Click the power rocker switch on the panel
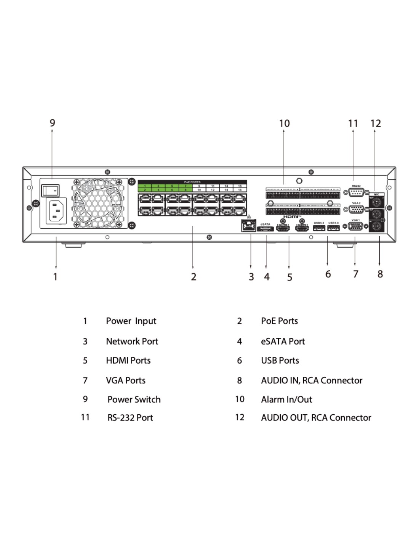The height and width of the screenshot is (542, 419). tap(51, 189)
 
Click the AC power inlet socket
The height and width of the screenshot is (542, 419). tap(56, 211)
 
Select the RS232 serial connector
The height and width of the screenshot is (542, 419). tap(356, 193)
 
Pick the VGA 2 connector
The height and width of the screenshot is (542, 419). tap(356, 209)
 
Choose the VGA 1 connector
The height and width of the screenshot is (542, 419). tap(355, 226)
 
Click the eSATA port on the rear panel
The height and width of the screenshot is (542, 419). tap(265, 229)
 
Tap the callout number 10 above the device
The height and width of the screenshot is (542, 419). tap(284, 123)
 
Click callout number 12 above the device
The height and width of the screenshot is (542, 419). tap(375, 123)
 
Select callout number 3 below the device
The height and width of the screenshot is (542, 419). tap(251, 277)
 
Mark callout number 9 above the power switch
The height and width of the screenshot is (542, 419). tap(53, 123)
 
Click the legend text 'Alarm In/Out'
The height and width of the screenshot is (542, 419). tap(286, 399)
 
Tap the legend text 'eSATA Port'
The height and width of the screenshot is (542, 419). tap(283, 342)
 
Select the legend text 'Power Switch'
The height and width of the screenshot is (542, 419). tap(134, 399)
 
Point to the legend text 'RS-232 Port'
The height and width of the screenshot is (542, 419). tap(130, 418)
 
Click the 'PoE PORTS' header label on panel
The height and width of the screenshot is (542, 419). tap(192, 182)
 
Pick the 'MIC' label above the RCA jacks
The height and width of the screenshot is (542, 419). tap(376, 194)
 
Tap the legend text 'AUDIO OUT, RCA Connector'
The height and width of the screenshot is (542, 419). tap(316, 418)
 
